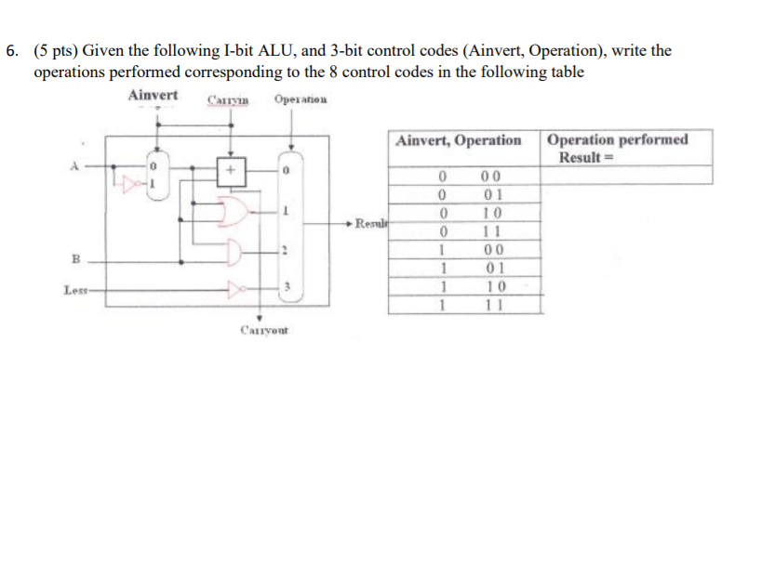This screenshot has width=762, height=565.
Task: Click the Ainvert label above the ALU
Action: tap(154, 96)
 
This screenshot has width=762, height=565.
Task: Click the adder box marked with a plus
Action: tap(229, 171)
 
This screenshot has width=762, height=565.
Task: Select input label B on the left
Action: tap(77, 256)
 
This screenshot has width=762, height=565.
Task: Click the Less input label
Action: tap(75, 291)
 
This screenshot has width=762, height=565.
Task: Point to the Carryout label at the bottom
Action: tap(264, 330)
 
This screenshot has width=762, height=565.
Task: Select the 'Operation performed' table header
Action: tap(618, 140)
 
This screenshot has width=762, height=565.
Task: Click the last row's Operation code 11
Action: tap(492, 303)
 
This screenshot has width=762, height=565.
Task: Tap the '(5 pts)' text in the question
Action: tap(56, 50)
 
